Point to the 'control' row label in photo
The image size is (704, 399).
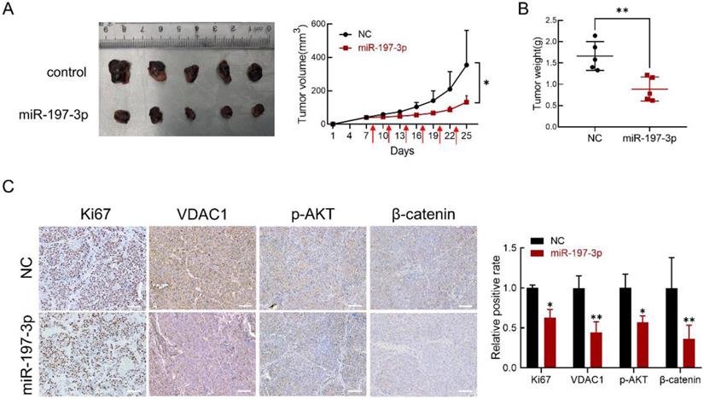tap(67, 72)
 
